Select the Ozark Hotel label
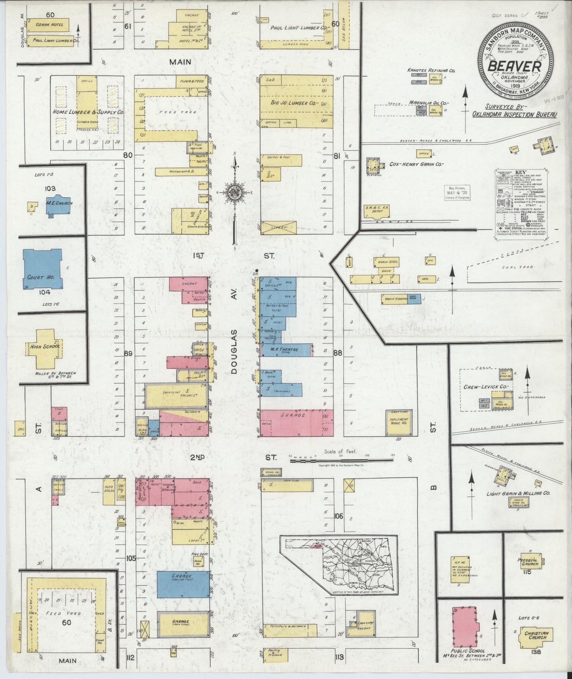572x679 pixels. (49, 25)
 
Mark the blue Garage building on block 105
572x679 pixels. (183, 584)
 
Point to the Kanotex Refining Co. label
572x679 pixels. (431, 71)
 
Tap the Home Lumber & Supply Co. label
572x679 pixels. (88, 112)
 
